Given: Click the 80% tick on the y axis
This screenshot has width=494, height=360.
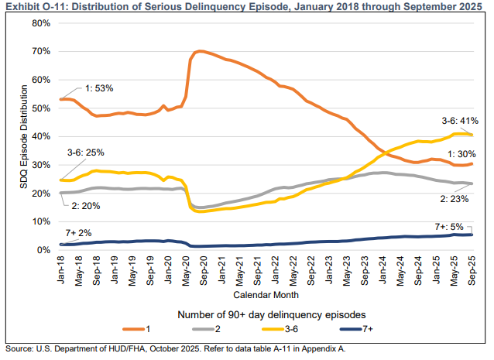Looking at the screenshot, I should coord(40,23).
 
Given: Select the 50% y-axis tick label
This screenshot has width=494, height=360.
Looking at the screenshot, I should coord(40,108).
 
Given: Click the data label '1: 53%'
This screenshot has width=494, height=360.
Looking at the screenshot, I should coord(98,88).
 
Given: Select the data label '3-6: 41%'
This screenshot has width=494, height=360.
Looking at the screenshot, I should coord(458,121).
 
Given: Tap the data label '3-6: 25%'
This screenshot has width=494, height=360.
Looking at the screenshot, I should coord(86,153).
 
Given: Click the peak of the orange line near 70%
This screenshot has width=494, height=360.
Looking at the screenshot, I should coord(200,51).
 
